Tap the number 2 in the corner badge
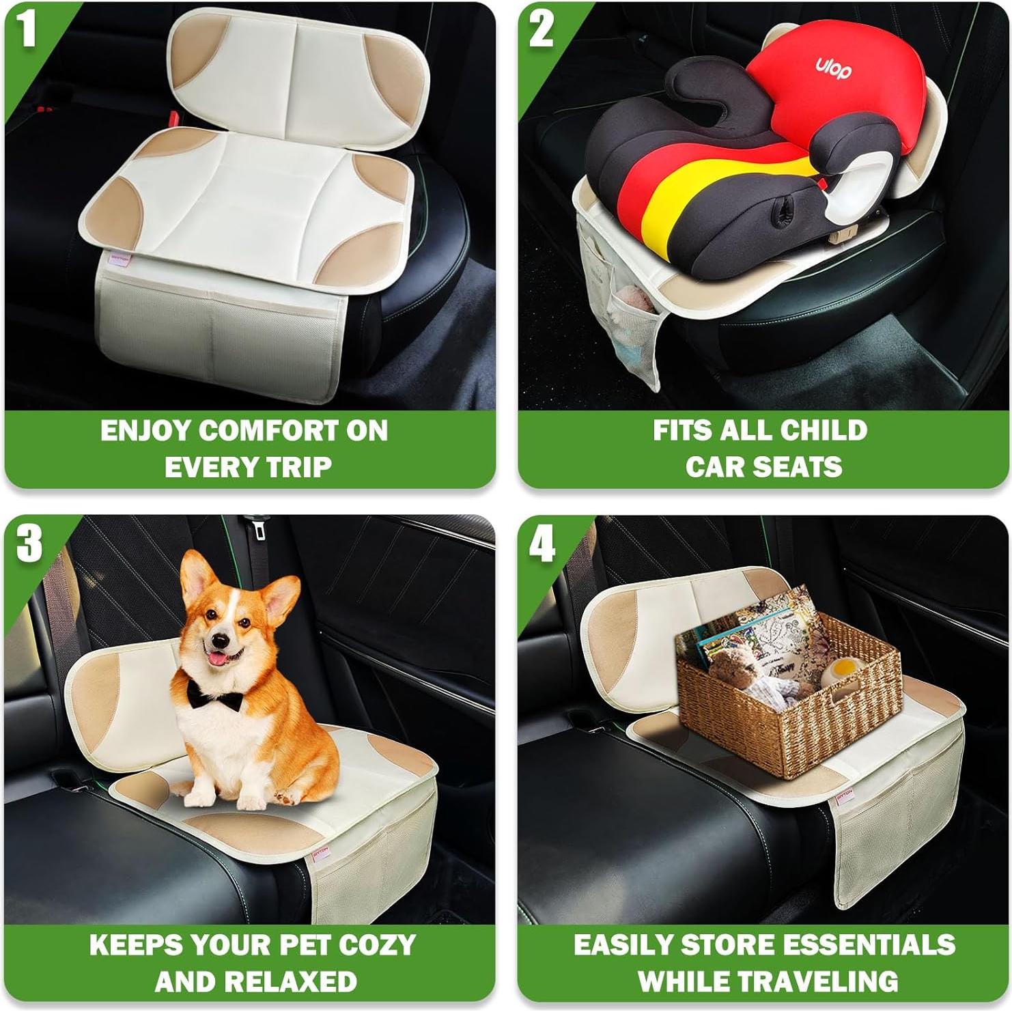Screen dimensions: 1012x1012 pyautogui.click(x=542, y=30)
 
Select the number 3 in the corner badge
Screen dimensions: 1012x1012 pyautogui.click(x=29, y=544)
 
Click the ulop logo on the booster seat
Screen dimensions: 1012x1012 pyautogui.click(x=833, y=67)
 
